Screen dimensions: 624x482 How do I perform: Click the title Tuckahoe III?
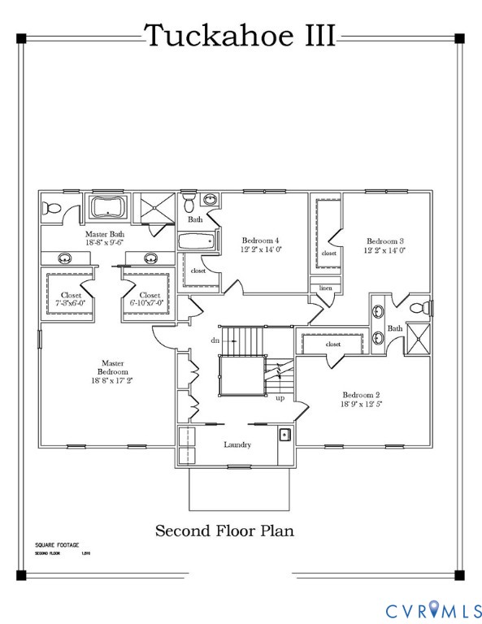click(240, 36)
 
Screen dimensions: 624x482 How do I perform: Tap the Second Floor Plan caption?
click(224, 531)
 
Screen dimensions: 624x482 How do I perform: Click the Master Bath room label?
click(104, 236)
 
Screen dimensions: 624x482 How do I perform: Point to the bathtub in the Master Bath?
click(107, 207)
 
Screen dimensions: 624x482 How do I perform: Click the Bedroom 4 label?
click(261, 240)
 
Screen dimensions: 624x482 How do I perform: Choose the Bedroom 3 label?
click(385, 241)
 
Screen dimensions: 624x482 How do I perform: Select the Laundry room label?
click(237, 444)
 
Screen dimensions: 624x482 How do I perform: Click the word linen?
click(325, 288)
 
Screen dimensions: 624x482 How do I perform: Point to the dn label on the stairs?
click(215, 340)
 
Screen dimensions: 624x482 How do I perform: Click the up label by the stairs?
click(280, 398)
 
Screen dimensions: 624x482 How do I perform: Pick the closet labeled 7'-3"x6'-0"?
click(70, 299)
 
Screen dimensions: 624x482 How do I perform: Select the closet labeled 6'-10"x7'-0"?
click(150, 299)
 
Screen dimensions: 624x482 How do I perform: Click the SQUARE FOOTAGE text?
click(58, 544)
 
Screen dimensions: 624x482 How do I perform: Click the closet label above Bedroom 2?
click(333, 344)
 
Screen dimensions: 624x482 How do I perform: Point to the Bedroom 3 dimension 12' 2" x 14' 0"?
click(385, 250)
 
